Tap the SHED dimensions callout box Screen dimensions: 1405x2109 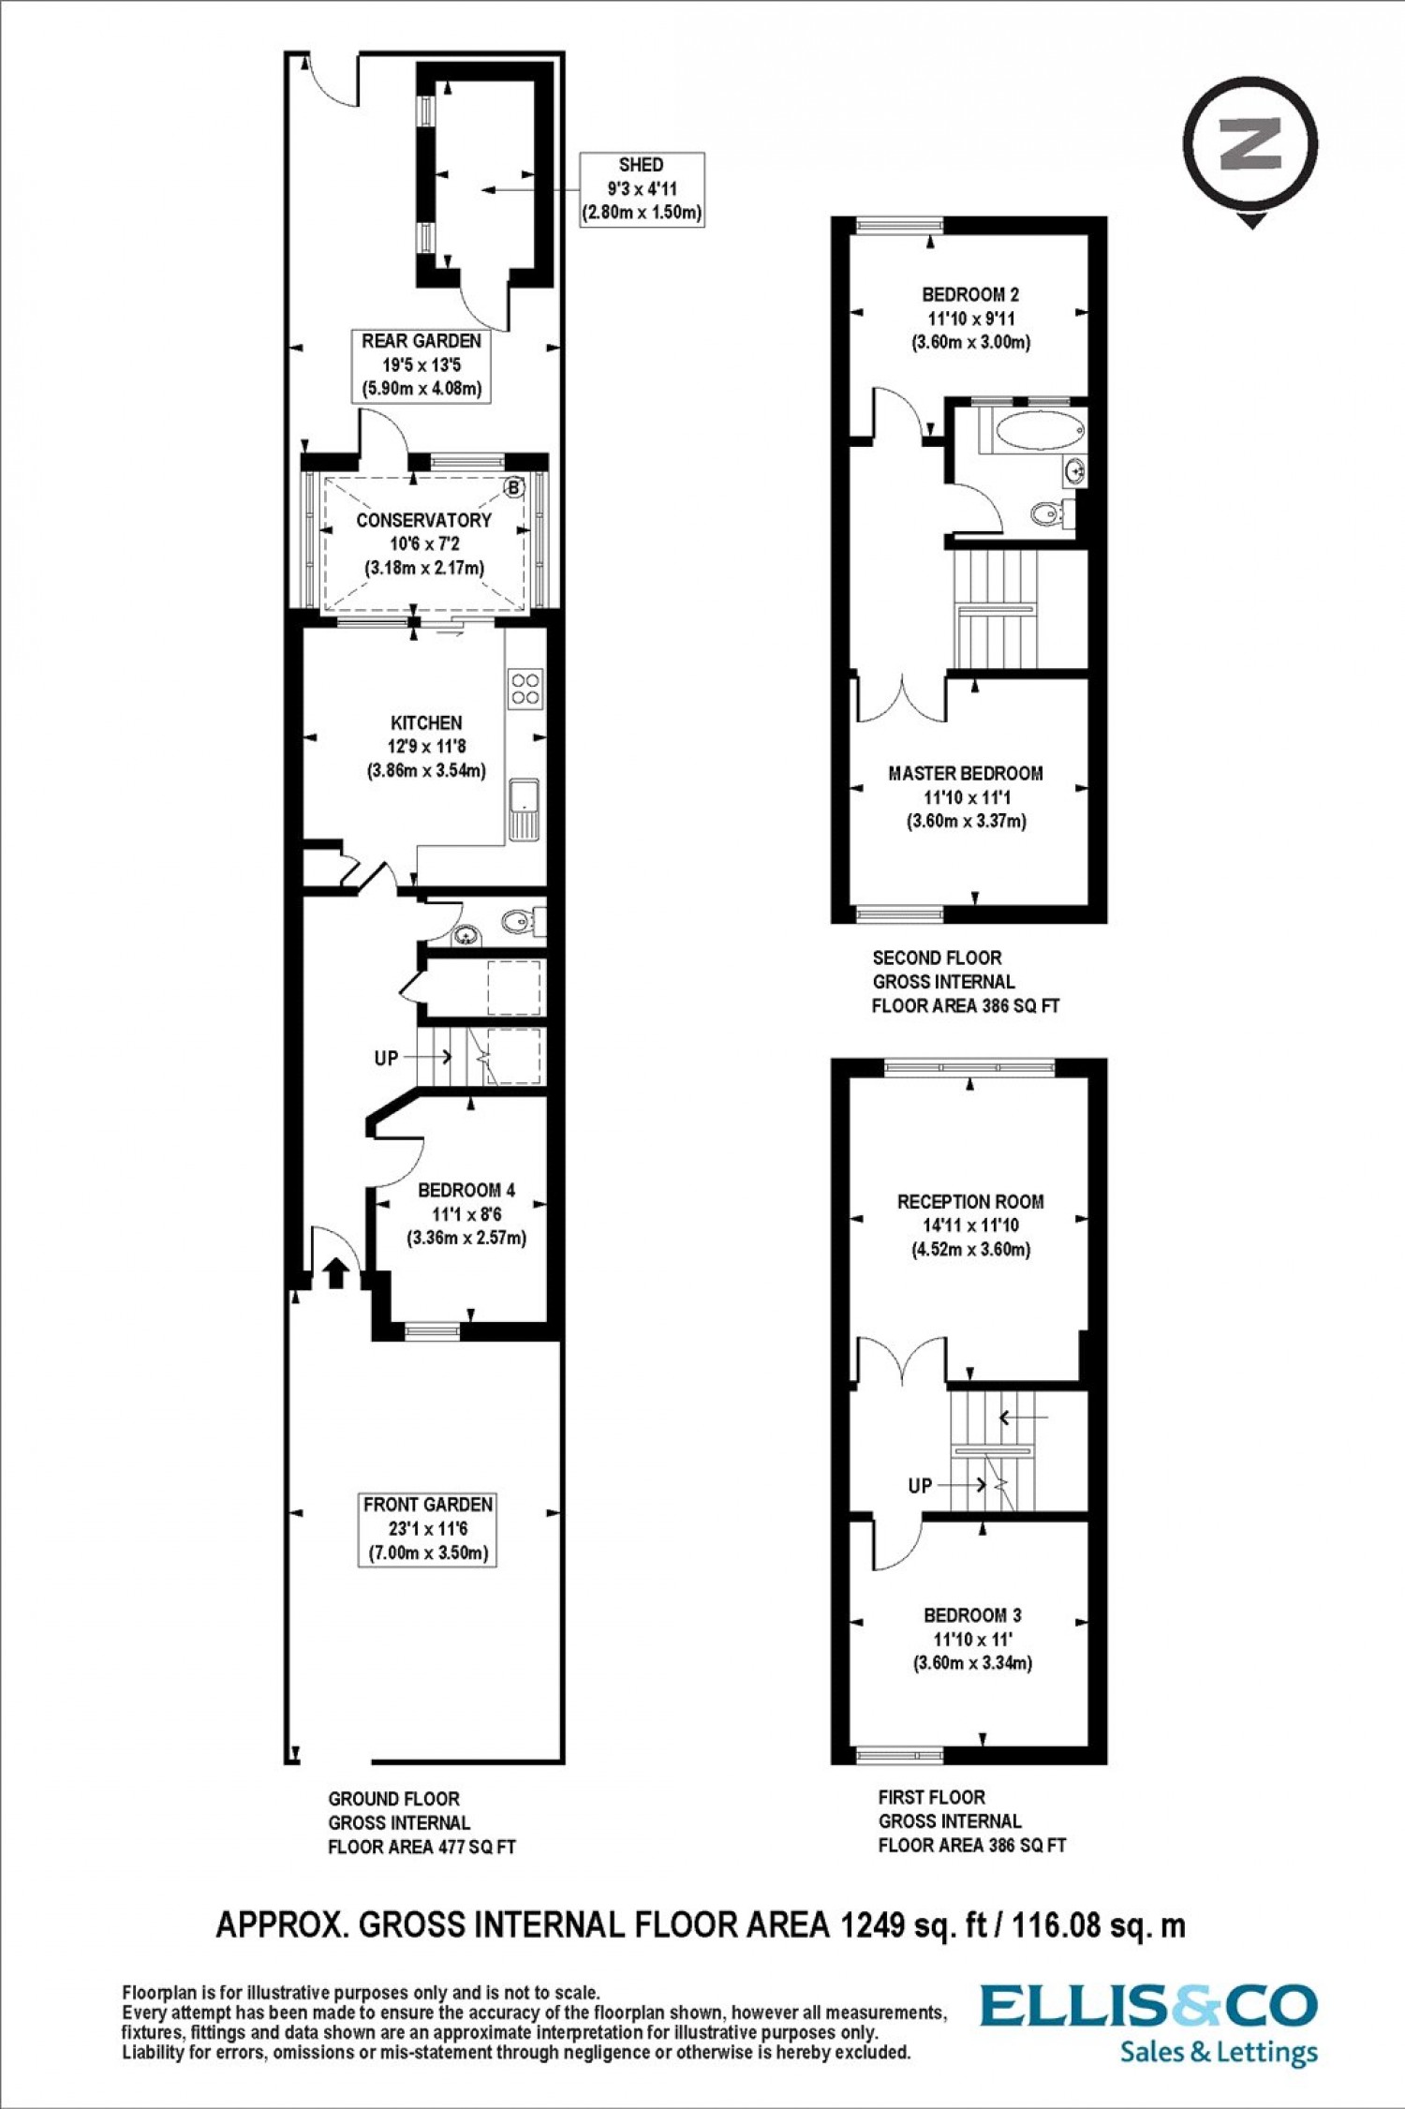click(x=642, y=189)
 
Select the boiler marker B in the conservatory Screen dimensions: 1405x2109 click(x=513, y=487)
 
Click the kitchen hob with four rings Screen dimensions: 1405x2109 click(x=525, y=689)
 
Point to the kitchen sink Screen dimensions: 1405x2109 click(x=525, y=809)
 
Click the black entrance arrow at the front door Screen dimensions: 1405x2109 click(x=336, y=1273)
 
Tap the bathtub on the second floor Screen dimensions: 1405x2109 click(x=1040, y=430)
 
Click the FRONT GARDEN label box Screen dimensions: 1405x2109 click(x=427, y=1529)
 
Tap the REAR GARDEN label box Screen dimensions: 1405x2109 click(x=421, y=365)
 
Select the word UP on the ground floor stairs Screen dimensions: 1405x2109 click(x=386, y=1058)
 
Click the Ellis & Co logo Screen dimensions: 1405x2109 click(x=1149, y=2024)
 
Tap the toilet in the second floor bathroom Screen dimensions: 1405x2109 click(x=1050, y=512)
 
